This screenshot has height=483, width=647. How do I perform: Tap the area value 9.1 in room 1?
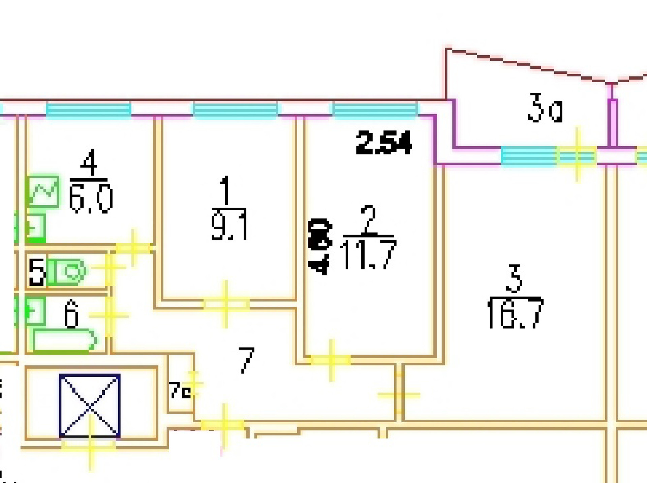pos(229,224)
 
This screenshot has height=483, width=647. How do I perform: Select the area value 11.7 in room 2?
pos(368,255)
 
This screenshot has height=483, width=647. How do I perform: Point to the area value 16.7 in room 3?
pos(515,313)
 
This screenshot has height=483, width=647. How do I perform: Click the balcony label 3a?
pos(545,109)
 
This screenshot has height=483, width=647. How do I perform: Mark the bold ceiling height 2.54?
pos(384,143)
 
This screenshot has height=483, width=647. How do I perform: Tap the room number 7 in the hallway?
pos(246,360)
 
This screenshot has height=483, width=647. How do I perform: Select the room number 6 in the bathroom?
pos(71,315)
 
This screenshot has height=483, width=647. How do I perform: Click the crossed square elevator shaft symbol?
pos(90,405)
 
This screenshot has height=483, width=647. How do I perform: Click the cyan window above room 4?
pos(88,110)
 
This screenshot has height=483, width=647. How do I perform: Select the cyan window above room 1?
pos(235,110)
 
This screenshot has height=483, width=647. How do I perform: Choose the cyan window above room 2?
pos(375,110)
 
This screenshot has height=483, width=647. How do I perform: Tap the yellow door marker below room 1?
pos(226,304)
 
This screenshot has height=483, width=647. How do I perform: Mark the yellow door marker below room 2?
pos(331,360)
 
